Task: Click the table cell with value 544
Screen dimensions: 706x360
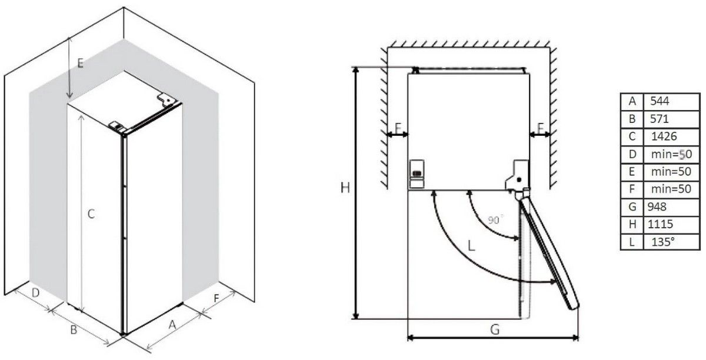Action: coord(671,102)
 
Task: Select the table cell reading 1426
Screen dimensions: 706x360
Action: coord(671,137)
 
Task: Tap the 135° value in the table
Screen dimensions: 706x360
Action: coord(671,242)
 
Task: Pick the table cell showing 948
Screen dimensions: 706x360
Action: coord(671,207)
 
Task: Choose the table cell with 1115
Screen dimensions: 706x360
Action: coord(671,225)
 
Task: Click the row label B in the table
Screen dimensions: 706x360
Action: coord(632,119)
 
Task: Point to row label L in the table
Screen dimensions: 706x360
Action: coord(632,242)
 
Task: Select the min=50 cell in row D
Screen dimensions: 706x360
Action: coord(671,155)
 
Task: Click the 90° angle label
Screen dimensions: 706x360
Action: coord(495,219)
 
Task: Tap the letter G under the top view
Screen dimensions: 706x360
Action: coord(495,330)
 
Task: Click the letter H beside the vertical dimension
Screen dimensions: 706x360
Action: coord(345,188)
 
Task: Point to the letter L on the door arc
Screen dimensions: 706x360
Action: coord(471,245)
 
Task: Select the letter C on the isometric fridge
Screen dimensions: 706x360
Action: coord(91,214)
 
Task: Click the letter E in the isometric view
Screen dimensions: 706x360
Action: coord(81,64)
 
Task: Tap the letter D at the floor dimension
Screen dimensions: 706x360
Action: coord(36,293)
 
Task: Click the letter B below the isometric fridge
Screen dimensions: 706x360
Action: coord(74,330)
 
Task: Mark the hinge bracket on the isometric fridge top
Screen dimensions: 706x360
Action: coord(166,99)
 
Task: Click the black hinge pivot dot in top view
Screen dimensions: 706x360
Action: coord(519,179)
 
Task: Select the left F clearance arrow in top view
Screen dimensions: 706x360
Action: coord(398,135)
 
